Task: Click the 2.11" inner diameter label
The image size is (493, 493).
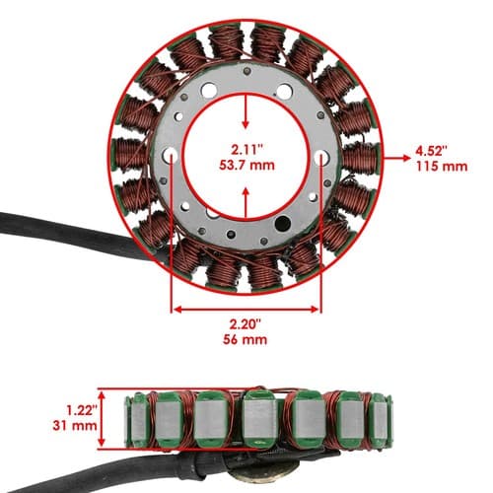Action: coord(247,150)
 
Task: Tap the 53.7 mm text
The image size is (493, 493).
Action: coord(246,165)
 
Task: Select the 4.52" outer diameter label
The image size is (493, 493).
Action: coord(432,152)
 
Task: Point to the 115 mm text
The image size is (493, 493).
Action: coord(442,167)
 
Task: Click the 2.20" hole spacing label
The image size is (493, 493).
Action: coord(246,324)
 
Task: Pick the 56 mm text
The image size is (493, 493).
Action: coord(246,339)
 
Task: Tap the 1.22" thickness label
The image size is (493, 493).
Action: coord(82,410)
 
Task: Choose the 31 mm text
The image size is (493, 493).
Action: coord(75,426)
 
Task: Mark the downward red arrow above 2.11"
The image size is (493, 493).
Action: coord(246,111)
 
